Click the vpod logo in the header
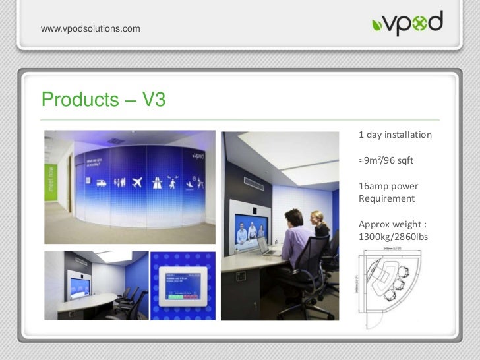point(406,24)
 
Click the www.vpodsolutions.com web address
point(90,28)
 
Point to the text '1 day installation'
point(395,135)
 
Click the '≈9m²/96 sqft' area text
point(386,160)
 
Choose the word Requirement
point(386,198)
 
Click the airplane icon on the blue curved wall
point(136,182)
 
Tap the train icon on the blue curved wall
point(102,183)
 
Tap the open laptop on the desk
point(266,247)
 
